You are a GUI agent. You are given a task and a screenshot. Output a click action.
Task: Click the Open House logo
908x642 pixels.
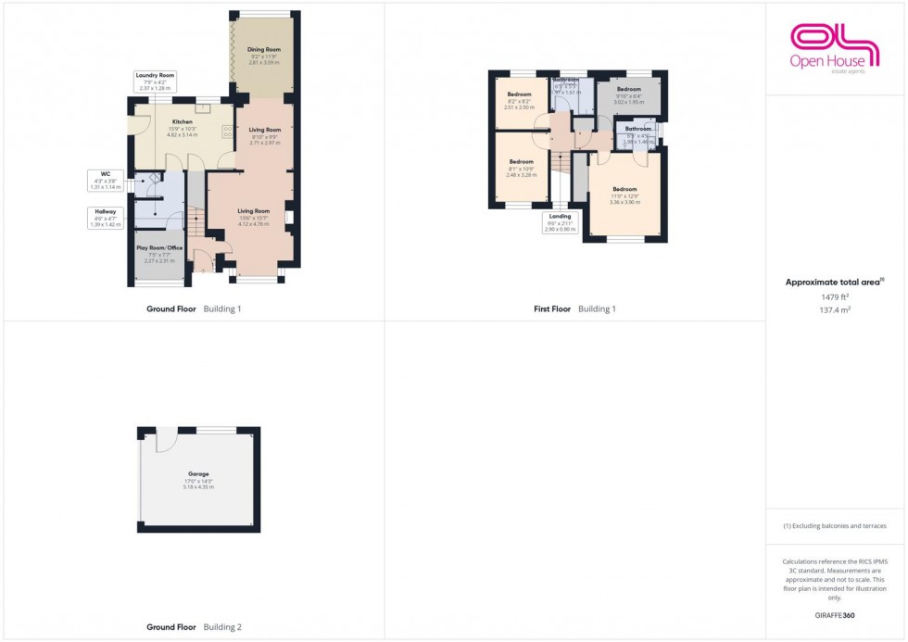point(833,47)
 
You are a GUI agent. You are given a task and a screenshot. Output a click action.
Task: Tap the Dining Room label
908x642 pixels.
point(263,49)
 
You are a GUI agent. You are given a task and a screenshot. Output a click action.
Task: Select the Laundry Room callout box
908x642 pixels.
point(155,81)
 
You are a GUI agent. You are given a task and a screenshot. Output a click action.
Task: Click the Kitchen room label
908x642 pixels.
point(183,122)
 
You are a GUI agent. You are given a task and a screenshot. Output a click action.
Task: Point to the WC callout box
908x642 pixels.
point(107,180)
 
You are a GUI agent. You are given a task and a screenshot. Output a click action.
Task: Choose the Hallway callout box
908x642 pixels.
point(105,217)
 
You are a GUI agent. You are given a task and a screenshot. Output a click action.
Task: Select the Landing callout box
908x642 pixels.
point(561,222)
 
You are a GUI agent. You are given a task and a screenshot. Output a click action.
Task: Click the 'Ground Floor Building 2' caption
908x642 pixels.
point(194,627)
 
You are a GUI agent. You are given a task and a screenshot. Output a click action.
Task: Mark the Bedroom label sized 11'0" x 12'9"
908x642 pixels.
point(624,190)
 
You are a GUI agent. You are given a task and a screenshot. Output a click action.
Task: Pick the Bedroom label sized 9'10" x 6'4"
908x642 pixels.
point(629,89)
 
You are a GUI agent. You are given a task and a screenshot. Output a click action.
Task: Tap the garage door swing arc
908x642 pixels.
point(167,439)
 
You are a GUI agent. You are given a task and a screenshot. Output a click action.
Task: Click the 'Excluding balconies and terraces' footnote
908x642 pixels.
point(834,526)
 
